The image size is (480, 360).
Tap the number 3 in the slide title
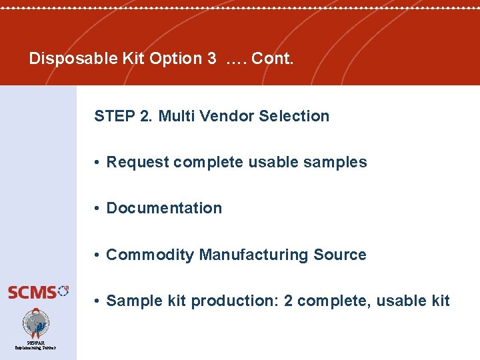[211, 59]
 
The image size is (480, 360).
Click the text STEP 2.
[123, 116]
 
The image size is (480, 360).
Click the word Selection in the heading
[294, 116]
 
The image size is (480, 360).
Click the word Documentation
[164, 208]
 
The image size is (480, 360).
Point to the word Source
[340, 255]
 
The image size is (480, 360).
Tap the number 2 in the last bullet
[288, 301]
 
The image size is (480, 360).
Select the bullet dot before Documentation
[97, 209]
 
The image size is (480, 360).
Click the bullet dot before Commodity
[97, 255]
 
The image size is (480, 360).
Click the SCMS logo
[37, 291]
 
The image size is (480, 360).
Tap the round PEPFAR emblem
[35, 323]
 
